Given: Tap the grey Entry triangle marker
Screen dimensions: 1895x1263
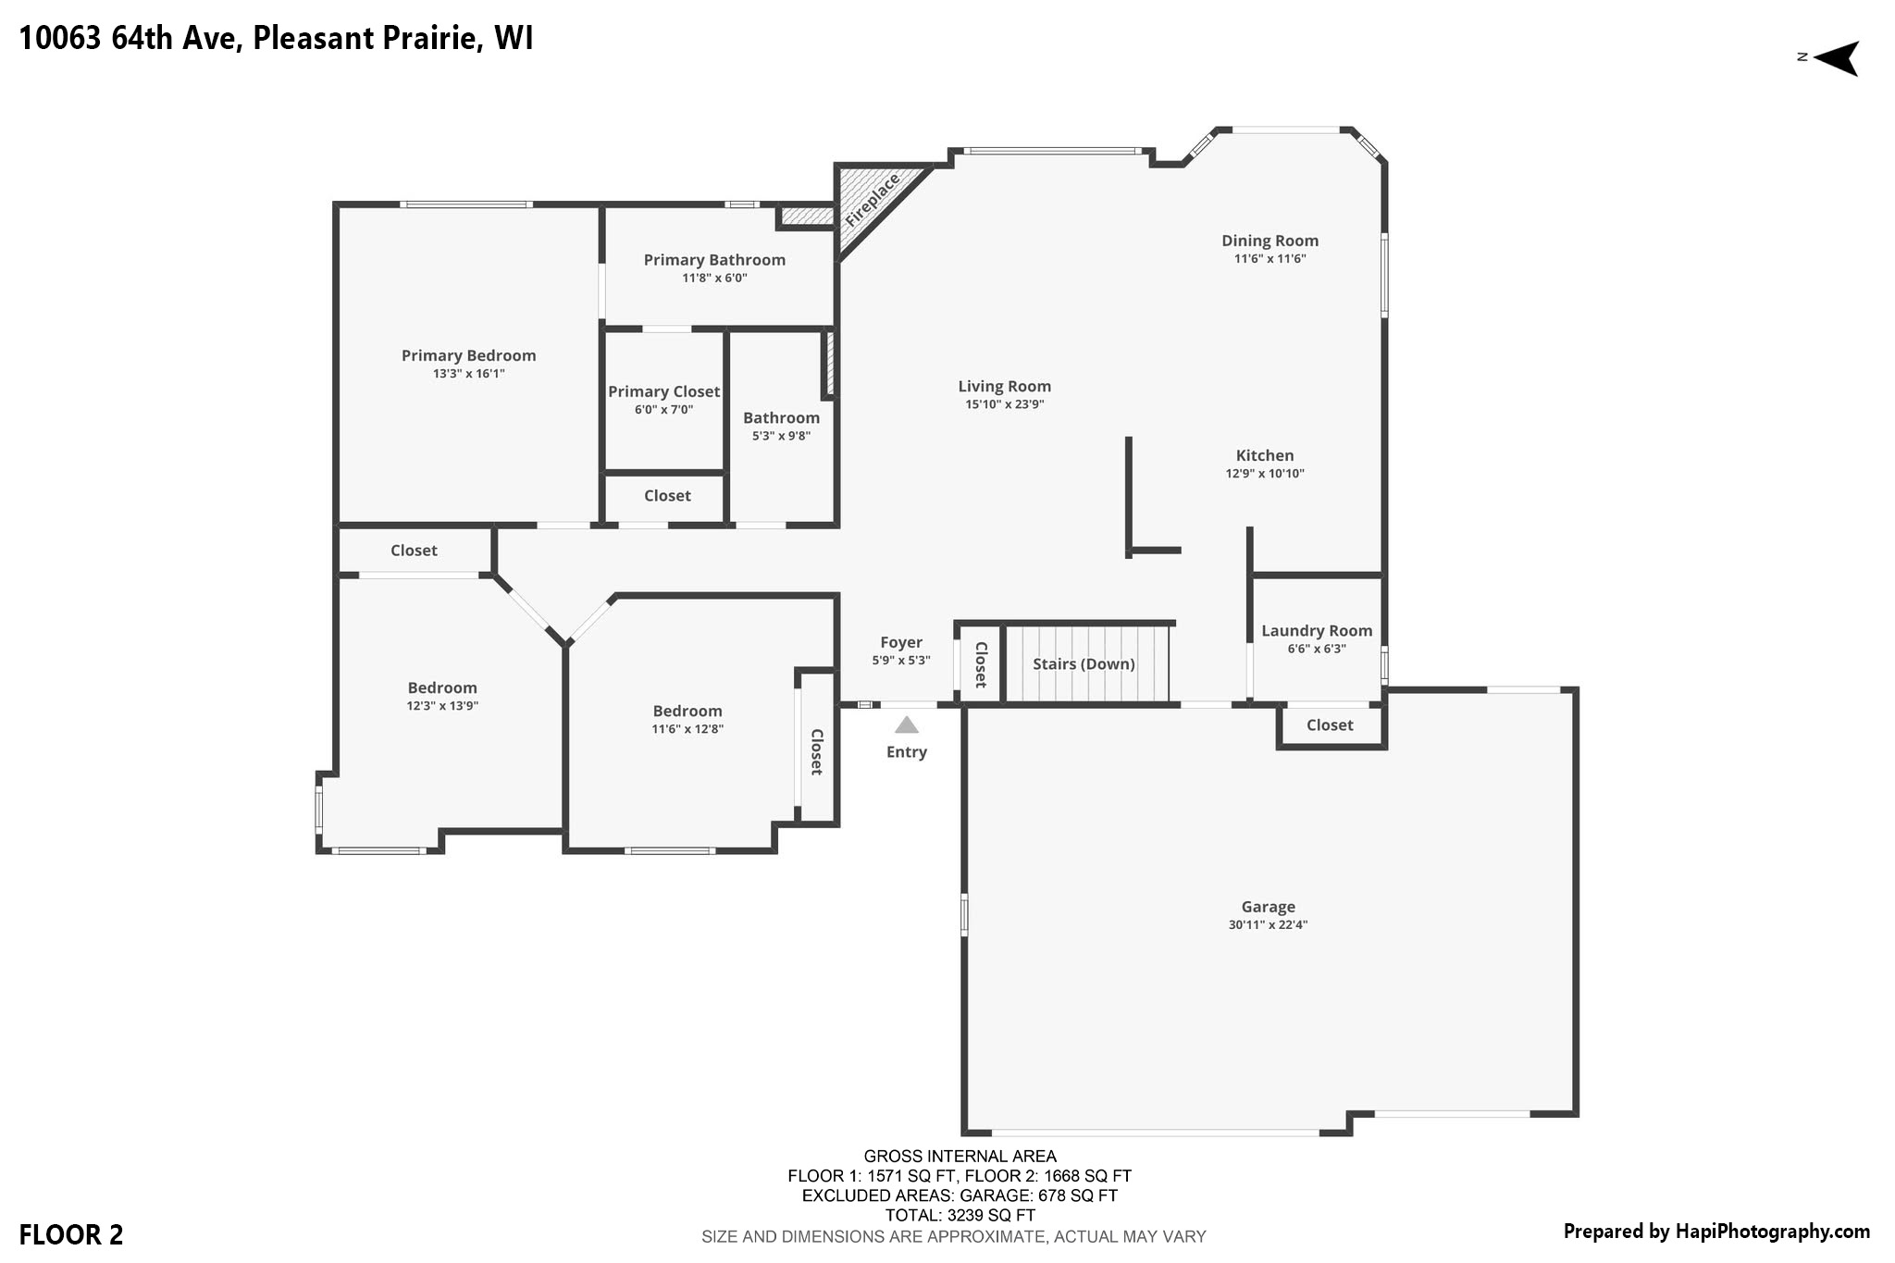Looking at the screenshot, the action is [907, 724].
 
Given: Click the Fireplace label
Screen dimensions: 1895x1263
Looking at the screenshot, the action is [873, 201].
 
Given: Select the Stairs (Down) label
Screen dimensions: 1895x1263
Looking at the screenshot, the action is [1084, 664].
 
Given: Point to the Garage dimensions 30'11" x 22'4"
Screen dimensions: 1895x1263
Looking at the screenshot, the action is [1268, 924].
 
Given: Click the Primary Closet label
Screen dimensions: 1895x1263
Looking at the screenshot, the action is [663, 392].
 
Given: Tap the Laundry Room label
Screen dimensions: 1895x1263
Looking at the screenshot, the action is [1317, 631].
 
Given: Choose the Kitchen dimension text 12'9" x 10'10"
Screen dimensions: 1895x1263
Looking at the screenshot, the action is [1265, 474].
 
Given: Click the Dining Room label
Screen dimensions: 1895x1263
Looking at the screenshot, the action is [1270, 241].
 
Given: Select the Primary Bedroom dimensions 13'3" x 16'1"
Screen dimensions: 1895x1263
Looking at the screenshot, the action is [469, 374].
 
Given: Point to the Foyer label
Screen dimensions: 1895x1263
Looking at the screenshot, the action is [901, 643].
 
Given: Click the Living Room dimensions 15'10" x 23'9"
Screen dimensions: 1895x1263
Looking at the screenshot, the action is [1004, 404].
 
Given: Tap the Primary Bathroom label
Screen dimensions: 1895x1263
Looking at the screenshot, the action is [714, 260].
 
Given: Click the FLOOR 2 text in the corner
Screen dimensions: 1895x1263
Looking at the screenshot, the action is [71, 1235].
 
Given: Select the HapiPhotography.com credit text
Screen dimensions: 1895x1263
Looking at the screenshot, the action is [1772, 1232].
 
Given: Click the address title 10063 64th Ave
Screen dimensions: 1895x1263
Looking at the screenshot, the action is [130, 39].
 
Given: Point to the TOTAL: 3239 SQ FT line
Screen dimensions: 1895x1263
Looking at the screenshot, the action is [960, 1216].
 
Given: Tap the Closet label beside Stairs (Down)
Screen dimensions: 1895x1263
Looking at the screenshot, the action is [981, 664].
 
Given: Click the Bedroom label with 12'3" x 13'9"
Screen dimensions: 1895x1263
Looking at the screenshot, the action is [442, 688].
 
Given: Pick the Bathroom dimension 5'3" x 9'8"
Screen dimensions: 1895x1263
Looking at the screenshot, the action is [781, 436].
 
